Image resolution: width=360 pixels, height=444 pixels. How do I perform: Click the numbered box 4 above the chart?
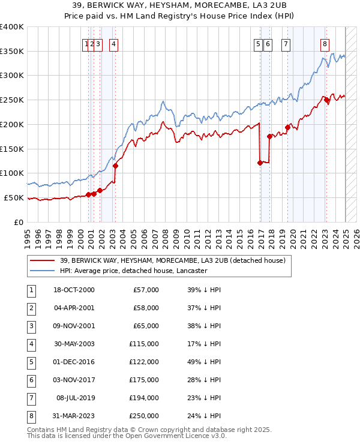click(x=113, y=43)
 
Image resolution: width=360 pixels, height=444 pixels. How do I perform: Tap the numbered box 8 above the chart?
click(x=325, y=43)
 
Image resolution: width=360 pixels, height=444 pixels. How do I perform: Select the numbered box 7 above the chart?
click(x=285, y=43)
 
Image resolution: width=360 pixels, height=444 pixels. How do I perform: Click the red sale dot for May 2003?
click(x=115, y=166)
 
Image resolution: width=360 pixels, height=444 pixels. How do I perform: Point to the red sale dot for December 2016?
click(x=260, y=163)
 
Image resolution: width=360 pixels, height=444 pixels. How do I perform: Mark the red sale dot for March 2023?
click(x=327, y=100)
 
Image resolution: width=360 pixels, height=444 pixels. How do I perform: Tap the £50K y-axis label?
click(x=14, y=197)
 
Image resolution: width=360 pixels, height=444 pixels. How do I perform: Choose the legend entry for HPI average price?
click(x=133, y=271)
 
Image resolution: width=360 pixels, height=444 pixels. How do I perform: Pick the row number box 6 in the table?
click(x=29, y=380)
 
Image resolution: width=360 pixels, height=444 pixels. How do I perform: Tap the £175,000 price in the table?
click(x=145, y=380)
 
